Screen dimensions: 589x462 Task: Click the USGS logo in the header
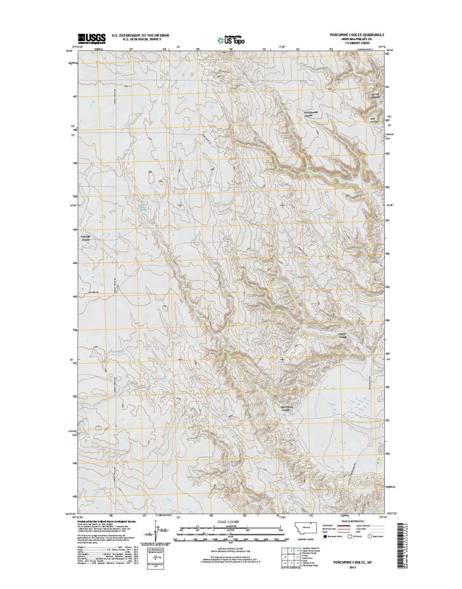(92, 38)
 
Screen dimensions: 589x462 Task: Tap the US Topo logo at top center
(231, 39)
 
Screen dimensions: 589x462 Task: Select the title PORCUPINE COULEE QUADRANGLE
(357, 35)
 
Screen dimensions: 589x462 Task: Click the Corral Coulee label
(376, 96)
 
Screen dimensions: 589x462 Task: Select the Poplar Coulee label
(343, 336)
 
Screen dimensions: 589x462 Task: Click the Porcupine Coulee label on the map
(288, 409)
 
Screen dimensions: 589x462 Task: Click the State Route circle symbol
(370, 536)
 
